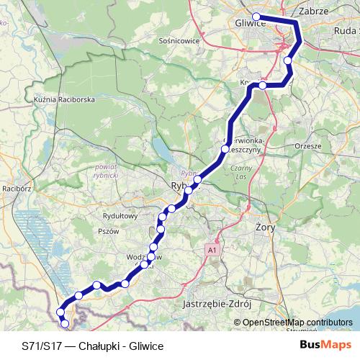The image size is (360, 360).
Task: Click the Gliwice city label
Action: [251, 24]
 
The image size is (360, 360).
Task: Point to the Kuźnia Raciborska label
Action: [65, 99]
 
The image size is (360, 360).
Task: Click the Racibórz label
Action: [17, 189]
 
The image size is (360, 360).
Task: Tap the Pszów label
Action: [107, 231]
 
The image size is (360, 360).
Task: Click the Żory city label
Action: [266, 227]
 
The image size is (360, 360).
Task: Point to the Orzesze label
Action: [308, 145]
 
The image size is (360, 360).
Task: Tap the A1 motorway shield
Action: [212, 250]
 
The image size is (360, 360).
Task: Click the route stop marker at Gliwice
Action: [256, 17]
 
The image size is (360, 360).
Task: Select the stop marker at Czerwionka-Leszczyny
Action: [224, 150]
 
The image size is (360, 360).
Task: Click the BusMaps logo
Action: [325, 345]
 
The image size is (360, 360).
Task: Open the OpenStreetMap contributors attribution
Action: [297, 323]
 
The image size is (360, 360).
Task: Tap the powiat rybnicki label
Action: [106, 170]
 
